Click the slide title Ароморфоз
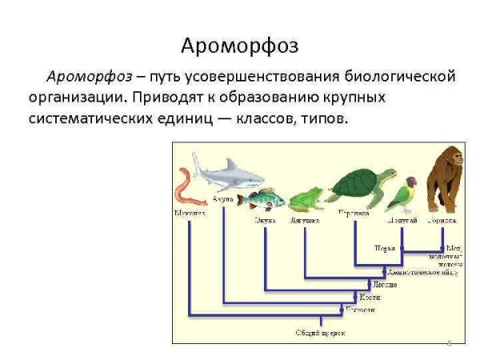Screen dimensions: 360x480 (x=239, y=46)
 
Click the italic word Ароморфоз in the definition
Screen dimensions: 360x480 (x=88, y=78)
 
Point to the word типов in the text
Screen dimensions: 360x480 (x=327, y=118)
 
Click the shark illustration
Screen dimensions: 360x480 (x=236, y=174)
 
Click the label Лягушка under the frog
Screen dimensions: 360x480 (x=305, y=218)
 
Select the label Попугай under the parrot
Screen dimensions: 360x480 (x=402, y=218)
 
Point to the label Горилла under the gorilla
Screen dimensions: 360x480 (x=442, y=218)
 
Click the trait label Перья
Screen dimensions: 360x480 (x=385, y=249)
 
